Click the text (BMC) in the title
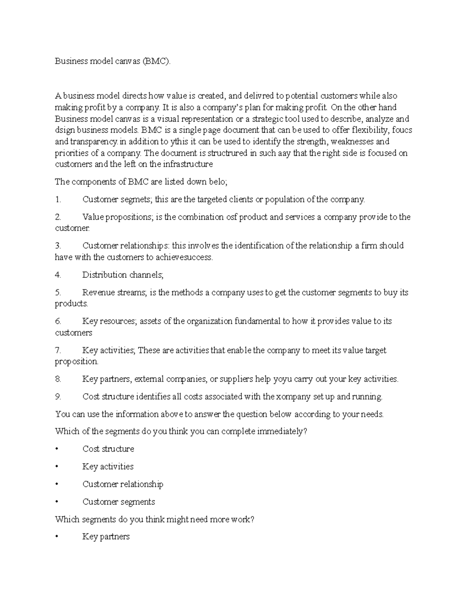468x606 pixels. [x=156, y=61]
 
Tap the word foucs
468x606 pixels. [x=402, y=130]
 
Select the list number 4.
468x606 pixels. [x=58, y=275]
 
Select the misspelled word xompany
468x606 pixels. [x=294, y=397]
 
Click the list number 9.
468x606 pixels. [x=58, y=397]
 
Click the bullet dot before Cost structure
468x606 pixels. [x=57, y=450]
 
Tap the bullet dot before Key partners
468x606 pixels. [x=57, y=537]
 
